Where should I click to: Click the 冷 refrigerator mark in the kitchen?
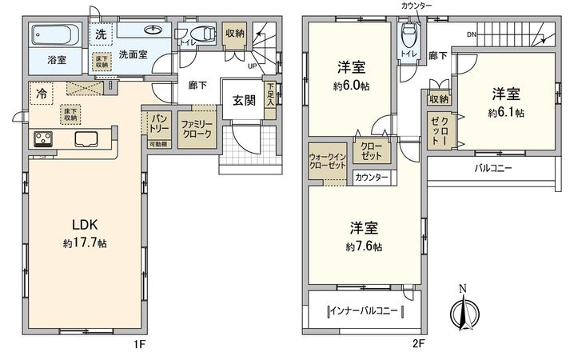point(41,93)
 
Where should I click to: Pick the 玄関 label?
point(244,101)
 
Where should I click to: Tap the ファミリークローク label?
point(195,130)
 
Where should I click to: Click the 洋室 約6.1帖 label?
point(507,102)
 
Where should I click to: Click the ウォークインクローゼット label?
point(326,160)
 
